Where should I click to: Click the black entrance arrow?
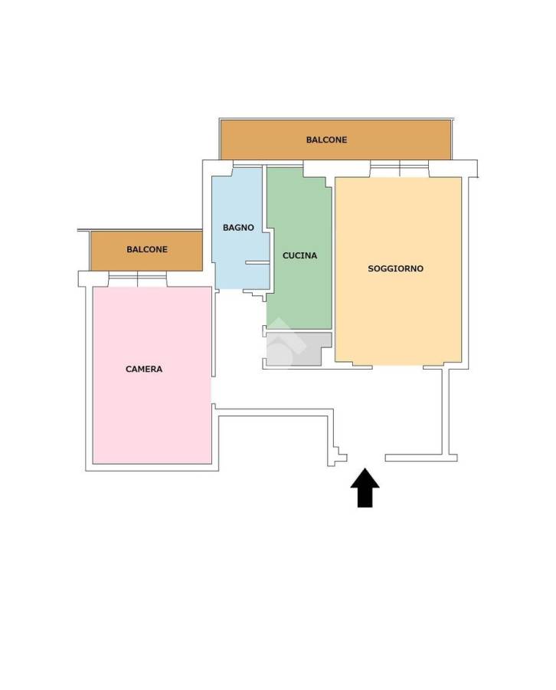(x=365, y=488)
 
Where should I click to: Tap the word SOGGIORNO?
(x=396, y=268)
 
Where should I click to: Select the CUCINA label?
(x=299, y=255)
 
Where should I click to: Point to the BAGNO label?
(x=238, y=228)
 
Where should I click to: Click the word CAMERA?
(x=144, y=370)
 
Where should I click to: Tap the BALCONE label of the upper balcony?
(x=326, y=140)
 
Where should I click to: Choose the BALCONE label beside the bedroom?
(x=147, y=249)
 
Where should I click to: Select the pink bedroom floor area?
(x=152, y=375)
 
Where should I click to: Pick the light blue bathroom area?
(x=240, y=228)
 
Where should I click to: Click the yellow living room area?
(x=398, y=271)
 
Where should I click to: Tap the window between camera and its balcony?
(x=138, y=279)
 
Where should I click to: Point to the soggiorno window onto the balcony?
(x=400, y=169)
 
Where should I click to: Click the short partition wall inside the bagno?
(x=257, y=263)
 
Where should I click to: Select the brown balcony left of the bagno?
(x=146, y=251)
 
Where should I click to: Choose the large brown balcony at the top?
(x=335, y=140)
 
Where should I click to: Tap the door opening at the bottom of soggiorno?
(x=397, y=366)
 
